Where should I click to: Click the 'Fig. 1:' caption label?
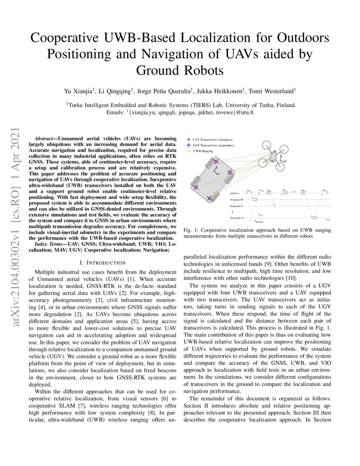191,230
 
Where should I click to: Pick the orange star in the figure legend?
188,139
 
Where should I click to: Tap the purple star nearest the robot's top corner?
216,162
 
